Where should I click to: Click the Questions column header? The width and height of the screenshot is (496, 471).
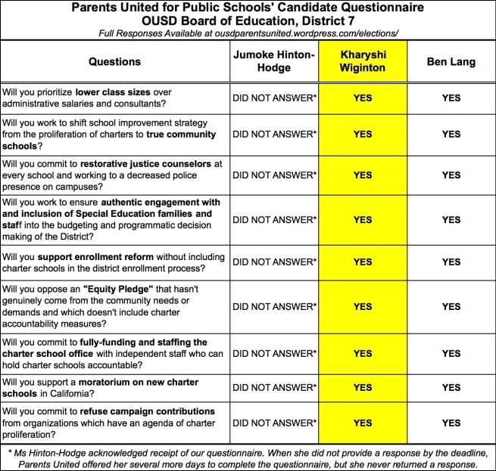click(114, 61)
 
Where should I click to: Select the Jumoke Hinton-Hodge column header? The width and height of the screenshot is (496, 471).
click(273, 61)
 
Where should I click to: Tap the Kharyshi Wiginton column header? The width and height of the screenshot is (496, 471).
click(363, 61)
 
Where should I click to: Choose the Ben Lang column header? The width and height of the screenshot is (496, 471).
click(451, 61)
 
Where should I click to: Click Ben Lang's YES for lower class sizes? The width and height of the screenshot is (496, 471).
click(451, 98)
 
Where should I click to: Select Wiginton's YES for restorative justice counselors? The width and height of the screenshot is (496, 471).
click(363, 175)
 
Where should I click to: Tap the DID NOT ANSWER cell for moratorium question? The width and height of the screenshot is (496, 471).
click(273, 388)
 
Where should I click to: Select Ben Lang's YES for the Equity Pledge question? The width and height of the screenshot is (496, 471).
click(451, 306)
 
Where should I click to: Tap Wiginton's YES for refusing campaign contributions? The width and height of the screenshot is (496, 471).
click(363, 423)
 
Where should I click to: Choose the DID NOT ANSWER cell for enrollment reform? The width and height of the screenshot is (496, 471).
click(273, 262)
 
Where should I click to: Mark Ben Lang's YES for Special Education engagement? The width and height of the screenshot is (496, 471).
click(451, 219)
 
